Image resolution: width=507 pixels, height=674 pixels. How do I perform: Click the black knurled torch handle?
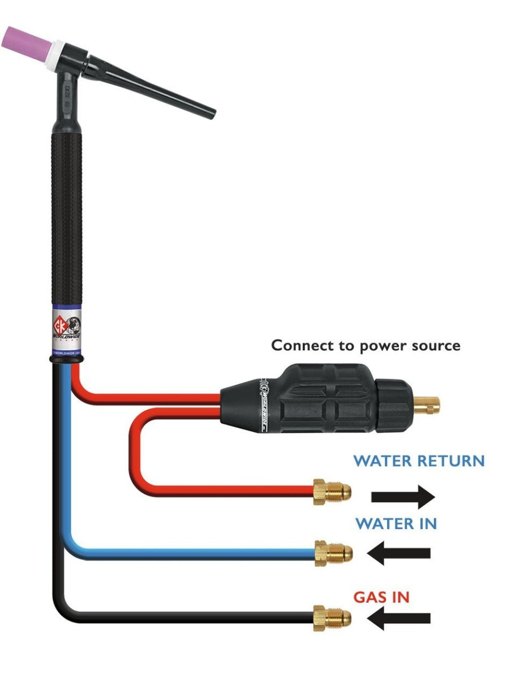coord(67,215)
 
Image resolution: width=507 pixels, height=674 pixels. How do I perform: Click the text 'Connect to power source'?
coord(366,345)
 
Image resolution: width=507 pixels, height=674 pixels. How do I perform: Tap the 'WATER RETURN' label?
coord(419,460)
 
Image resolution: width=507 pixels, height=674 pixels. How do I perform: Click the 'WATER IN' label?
coord(396,524)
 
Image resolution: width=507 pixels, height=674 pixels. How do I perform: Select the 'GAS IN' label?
coord(381,597)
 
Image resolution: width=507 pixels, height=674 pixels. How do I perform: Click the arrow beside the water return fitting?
coord(403,497)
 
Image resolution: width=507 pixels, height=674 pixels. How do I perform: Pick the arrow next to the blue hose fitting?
coord(399,553)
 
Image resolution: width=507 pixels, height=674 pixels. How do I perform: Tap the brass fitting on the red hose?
coord(332,491)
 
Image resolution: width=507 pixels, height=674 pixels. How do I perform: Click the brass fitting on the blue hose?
coord(333,552)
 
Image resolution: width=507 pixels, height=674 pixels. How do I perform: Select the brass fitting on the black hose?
coord(332,618)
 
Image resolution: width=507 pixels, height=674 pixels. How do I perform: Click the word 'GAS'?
coord(368,597)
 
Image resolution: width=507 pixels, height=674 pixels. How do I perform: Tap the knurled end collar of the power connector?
coord(396,402)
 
